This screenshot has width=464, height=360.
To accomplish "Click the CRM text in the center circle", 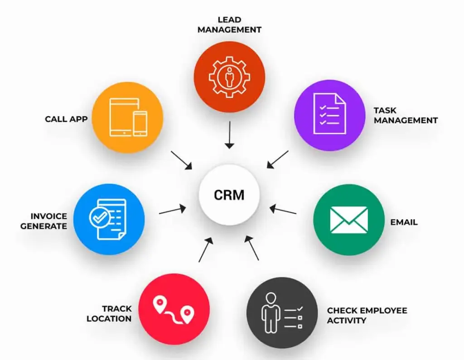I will pyautogui.click(x=229, y=195).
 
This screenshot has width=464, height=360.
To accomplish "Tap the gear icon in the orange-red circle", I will pyautogui.click(x=229, y=77).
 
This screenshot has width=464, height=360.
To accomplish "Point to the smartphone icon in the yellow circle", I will pyautogui.click(x=140, y=123).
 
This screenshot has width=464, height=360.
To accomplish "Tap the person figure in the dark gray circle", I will pyautogui.click(x=270, y=312).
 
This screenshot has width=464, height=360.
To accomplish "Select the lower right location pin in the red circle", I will pyautogui.click(x=187, y=312).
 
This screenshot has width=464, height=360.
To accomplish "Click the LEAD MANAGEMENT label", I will pyautogui.click(x=229, y=24).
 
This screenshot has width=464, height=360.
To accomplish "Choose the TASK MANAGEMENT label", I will pyautogui.click(x=405, y=115).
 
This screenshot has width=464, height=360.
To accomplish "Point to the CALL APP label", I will pyautogui.click(x=66, y=120).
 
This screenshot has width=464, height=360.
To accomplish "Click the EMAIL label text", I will pyautogui.click(x=404, y=222).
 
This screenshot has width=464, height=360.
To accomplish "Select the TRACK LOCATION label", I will pyautogui.click(x=110, y=313).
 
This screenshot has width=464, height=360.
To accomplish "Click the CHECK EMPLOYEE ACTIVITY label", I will pyautogui.click(x=367, y=315).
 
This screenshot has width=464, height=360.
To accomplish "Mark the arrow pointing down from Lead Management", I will pyautogui.click(x=229, y=134).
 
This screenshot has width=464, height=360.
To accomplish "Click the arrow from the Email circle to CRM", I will pyautogui.click(x=283, y=210).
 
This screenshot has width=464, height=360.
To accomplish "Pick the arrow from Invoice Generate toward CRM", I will pyautogui.click(x=173, y=210).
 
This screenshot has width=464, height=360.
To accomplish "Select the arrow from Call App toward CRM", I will pyautogui.click(x=182, y=161).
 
